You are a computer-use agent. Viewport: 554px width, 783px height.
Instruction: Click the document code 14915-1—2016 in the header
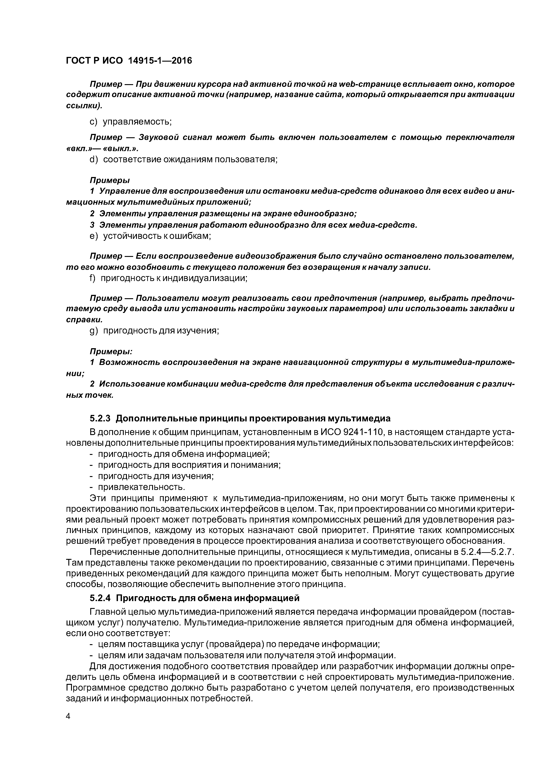160,61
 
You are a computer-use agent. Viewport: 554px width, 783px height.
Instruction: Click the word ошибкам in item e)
189,236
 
